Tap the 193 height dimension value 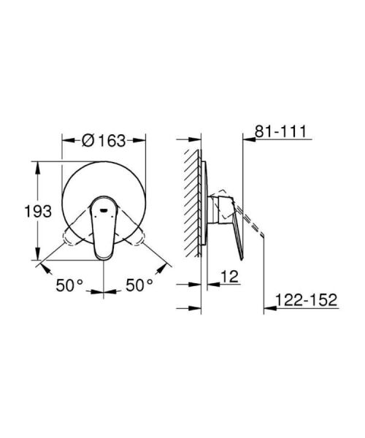click(37, 212)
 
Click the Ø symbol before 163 click(88, 140)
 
